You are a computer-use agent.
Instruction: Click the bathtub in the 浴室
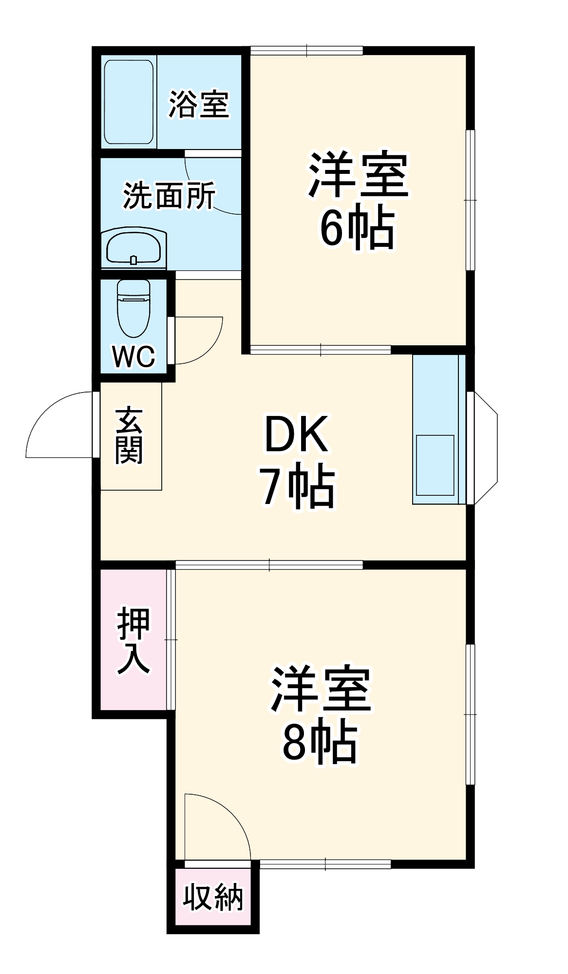129,102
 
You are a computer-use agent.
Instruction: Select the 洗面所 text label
169,195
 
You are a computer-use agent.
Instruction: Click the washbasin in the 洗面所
134,247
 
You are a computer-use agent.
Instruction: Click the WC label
133,356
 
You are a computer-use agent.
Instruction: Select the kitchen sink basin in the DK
435,465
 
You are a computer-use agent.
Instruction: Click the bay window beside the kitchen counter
485,448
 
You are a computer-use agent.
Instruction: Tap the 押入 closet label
133,640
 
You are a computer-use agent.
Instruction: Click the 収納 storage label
213,897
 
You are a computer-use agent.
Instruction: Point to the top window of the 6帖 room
307,50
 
